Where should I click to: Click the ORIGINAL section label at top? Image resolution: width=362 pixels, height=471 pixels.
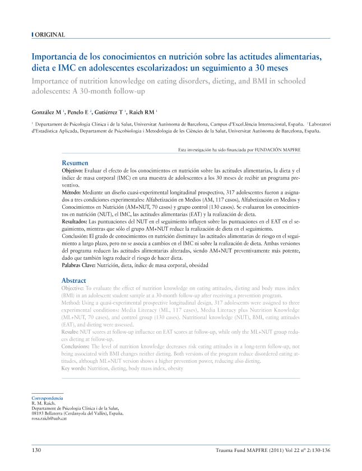[x=50, y=35]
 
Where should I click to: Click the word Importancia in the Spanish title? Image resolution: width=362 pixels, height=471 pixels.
[x=55, y=57]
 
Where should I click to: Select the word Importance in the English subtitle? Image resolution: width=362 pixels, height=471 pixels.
[x=53, y=81]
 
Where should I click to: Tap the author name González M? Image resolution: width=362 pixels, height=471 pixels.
[x=47, y=112]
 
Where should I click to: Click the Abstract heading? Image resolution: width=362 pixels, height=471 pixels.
[x=73, y=280]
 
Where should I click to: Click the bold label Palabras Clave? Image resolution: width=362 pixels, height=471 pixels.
[x=78, y=266]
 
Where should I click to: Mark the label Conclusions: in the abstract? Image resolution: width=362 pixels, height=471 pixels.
[x=76, y=347]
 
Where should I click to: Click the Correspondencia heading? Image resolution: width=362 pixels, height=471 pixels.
[x=48, y=398]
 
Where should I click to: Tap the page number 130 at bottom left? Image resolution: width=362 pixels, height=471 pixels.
[x=36, y=450]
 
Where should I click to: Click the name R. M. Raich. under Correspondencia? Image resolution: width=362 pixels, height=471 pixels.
[x=44, y=403]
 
